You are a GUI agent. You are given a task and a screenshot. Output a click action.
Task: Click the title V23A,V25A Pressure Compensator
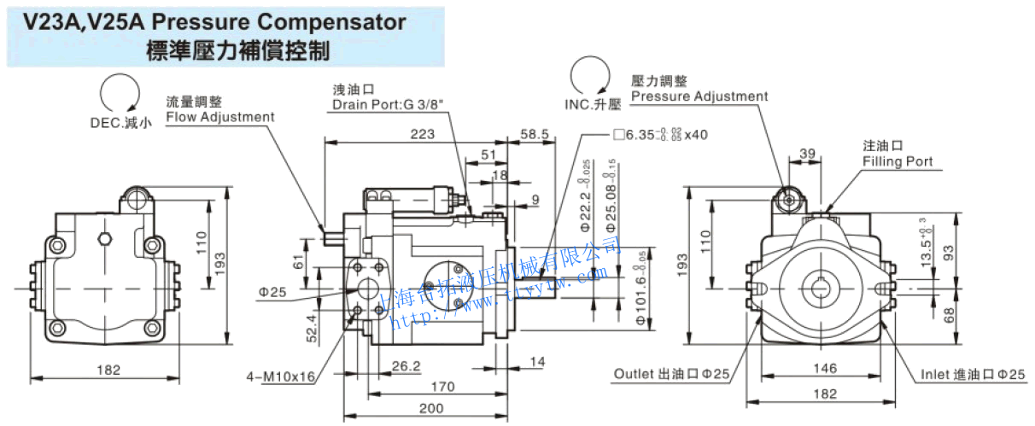(x=214, y=21)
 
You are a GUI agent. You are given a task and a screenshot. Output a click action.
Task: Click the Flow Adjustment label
(x=220, y=117)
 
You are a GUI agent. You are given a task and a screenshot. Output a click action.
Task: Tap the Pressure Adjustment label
(x=699, y=96)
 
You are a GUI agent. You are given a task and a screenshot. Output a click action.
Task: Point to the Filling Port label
(x=898, y=161)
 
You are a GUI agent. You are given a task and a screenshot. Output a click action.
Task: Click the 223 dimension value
(x=422, y=134)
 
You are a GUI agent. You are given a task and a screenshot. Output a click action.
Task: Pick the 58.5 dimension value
(x=534, y=134)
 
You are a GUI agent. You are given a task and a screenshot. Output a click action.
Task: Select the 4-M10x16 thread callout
(x=281, y=376)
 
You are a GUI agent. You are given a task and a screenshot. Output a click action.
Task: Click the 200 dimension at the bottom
(x=431, y=408)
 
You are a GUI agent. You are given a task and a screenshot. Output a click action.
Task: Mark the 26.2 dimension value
(x=406, y=366)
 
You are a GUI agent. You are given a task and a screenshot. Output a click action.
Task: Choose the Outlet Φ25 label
(x=672, y=374)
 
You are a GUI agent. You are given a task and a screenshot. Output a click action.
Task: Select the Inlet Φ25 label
(x=972, y=375)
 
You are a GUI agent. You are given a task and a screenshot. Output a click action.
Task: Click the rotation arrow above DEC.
(x=120, y=93)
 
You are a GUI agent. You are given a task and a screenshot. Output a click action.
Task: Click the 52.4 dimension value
(x=312, y=325)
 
